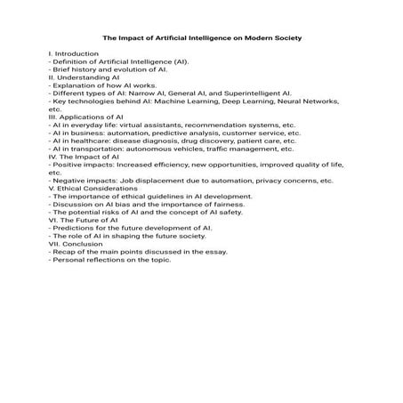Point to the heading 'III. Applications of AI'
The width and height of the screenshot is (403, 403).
(x=85, y=117)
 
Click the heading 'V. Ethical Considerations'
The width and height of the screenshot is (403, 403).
(x=92, y=188)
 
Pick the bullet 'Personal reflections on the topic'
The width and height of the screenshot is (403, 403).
(x=110, y=260)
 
